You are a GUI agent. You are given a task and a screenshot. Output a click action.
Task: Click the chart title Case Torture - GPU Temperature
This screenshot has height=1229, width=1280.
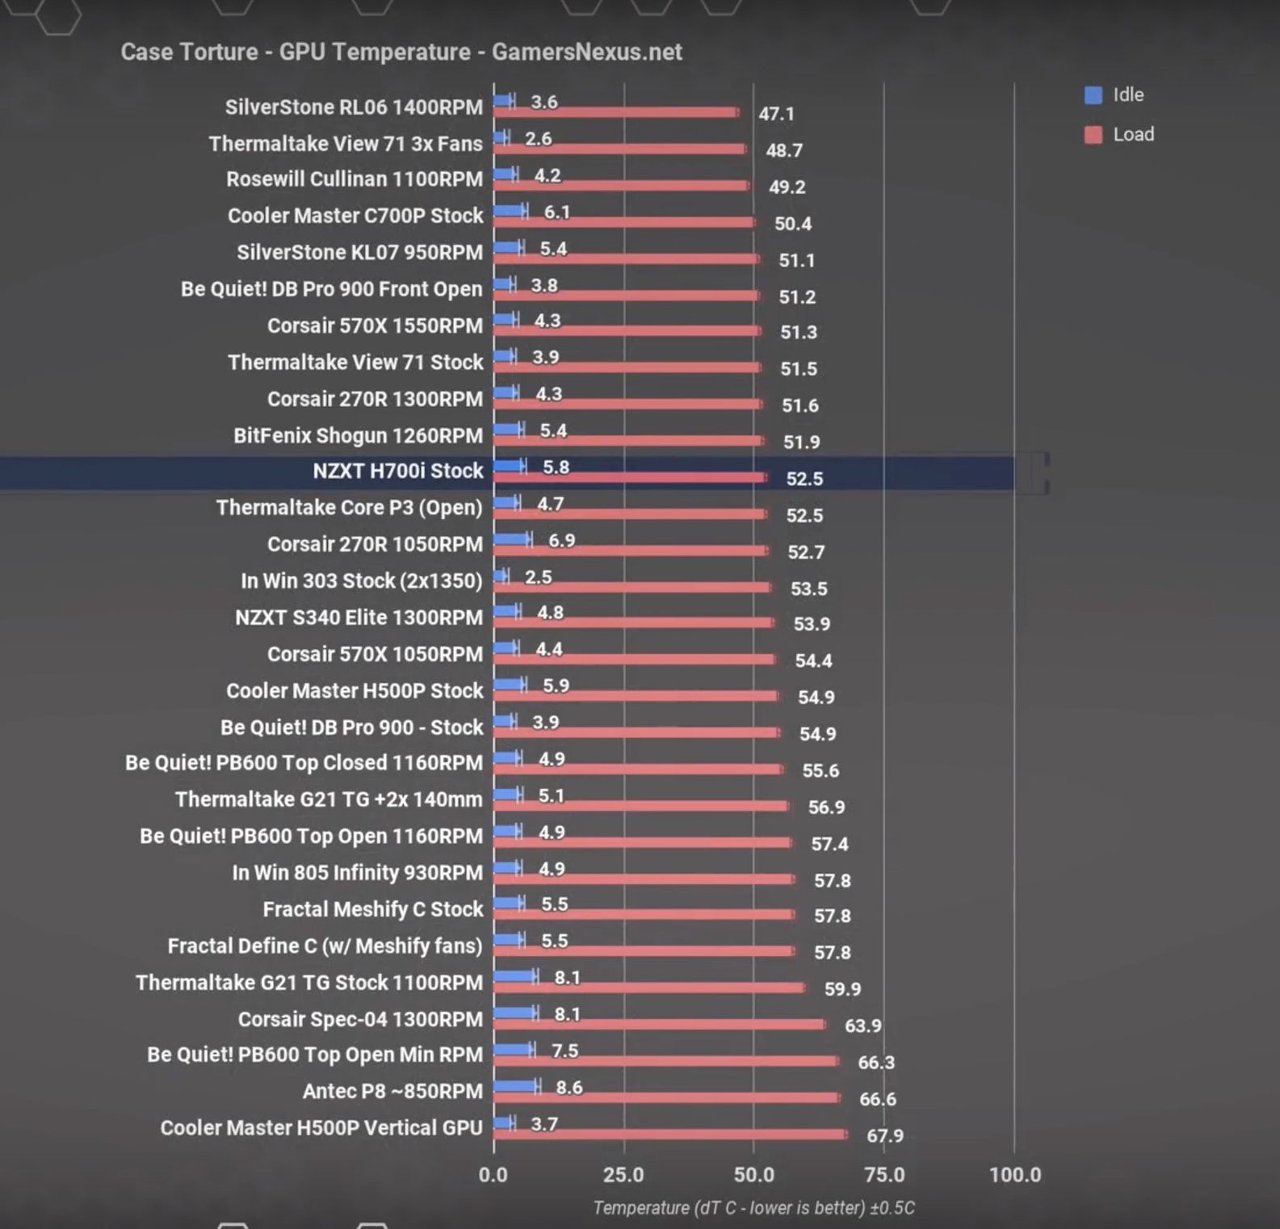(x=401, y=52)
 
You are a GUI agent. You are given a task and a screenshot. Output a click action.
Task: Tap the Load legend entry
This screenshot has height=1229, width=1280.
(x=1120, y=135)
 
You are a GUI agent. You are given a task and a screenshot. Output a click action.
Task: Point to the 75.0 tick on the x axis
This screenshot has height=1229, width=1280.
(x=884, y=1175)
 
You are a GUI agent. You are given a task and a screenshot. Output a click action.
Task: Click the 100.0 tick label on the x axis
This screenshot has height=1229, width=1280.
(x=1014, y=1175)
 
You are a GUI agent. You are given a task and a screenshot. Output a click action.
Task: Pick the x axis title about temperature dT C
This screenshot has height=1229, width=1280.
(x=753, y=1208)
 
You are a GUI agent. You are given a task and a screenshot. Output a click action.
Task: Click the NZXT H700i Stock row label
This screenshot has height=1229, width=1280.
(x=397, y=471)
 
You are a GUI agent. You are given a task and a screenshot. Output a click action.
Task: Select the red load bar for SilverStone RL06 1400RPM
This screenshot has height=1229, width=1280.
(x=615, y=112)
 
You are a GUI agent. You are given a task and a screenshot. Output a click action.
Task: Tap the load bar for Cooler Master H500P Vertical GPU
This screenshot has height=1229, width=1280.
(x=670, y=1135)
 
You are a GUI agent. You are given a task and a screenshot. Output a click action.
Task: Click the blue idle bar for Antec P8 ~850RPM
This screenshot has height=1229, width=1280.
(x=514, y=1086)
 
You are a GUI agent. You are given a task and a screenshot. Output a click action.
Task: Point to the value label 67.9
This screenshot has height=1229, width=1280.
(x=884, y=1136)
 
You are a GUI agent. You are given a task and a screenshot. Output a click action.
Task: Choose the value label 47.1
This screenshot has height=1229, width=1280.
(x=776, y=114)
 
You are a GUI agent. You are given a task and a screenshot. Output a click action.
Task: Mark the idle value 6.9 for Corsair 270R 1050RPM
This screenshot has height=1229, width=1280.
(x=561, y=541)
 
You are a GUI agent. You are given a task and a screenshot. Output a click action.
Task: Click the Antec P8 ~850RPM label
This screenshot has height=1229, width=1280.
(x=392, y=1092)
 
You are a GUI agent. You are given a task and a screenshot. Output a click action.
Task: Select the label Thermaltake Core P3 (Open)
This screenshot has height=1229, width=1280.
(x=349, y=508)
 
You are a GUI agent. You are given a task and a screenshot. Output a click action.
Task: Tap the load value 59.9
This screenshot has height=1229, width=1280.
(x=842, y=989)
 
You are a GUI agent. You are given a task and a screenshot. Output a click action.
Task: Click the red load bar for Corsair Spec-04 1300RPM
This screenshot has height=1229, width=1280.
(x=659, y=1025)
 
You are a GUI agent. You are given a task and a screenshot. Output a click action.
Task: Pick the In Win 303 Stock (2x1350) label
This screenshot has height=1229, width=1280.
(x=361, y=581)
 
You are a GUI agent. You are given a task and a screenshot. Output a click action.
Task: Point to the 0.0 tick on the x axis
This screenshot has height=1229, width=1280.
(x=493, y=1175)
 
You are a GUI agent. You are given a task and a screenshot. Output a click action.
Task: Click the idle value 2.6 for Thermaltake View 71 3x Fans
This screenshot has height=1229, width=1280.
(x=538, y=140)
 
